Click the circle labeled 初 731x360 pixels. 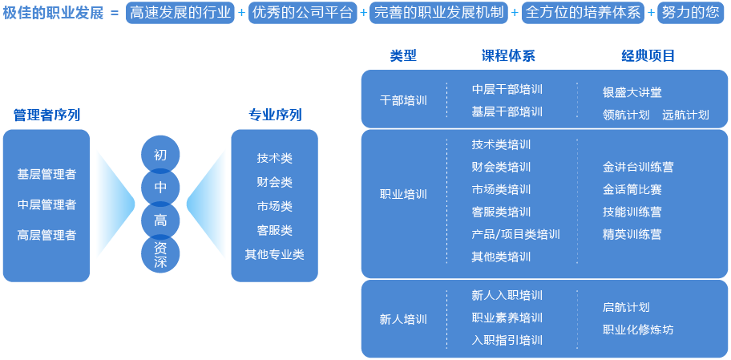coord(160,155)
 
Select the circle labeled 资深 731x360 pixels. coord(160,254)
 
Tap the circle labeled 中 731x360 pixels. coord(160,187)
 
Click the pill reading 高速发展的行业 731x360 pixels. coord(180,13)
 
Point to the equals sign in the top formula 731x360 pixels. coord(115,13)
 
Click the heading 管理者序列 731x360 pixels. coord(46,115)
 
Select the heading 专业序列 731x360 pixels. coord(275,115)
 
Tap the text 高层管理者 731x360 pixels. coord(46,235)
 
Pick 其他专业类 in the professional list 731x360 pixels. coord(275,255)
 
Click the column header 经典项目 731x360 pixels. coord(648,56)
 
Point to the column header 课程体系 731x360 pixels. coord(508,56)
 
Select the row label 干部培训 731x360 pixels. coord(403,100)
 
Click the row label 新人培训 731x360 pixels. coord(403,319)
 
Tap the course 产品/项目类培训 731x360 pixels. coord(515,234)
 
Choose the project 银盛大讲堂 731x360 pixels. coord(632,92)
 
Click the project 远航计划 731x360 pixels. coord(685,115)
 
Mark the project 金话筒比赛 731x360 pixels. coord(632,189)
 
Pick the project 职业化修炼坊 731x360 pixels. coord(638,330)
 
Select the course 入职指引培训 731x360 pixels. coord(507,340)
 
